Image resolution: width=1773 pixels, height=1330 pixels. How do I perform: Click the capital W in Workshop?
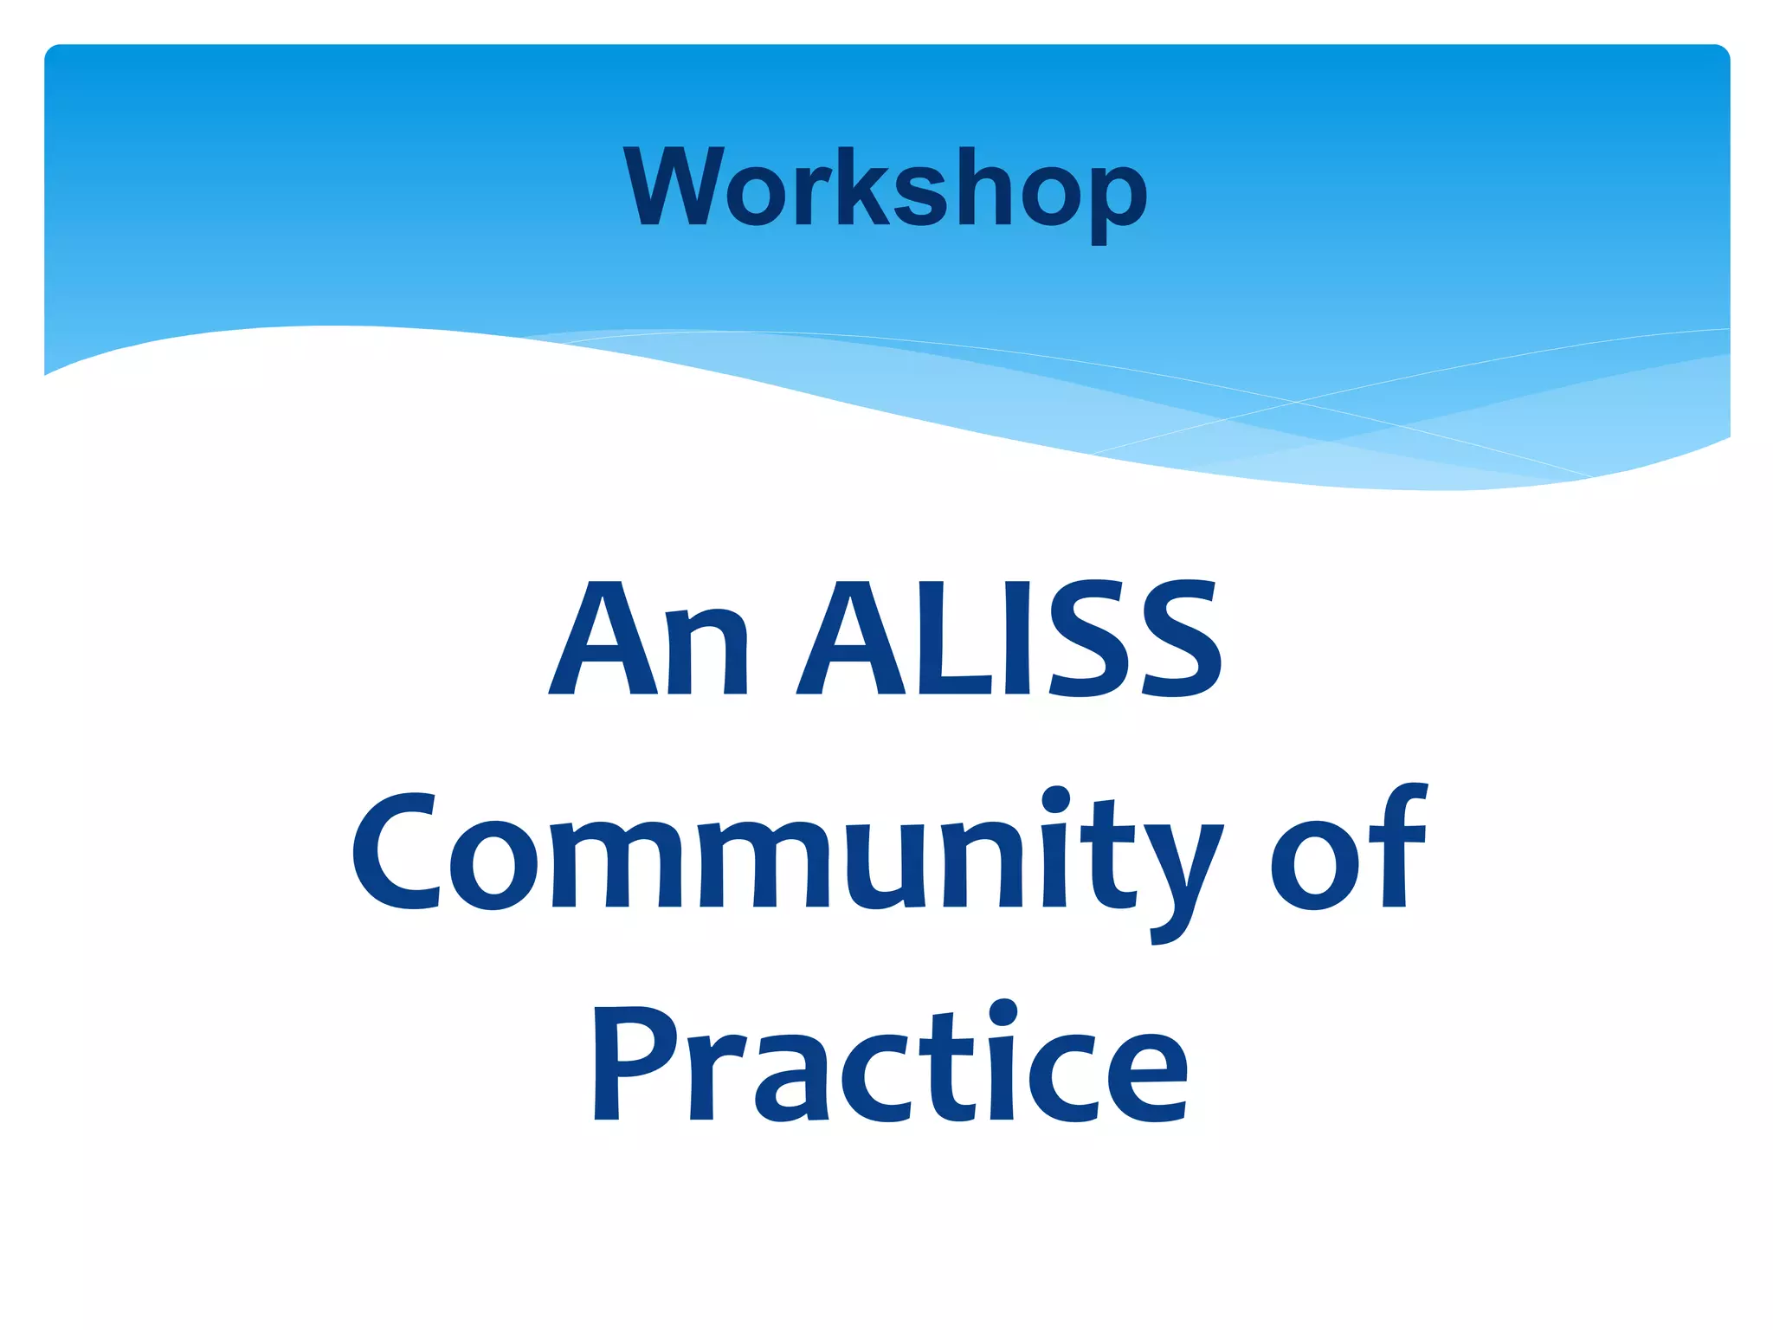[x=674, y=186]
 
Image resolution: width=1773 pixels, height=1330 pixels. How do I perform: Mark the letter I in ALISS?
[x=1017, y=638]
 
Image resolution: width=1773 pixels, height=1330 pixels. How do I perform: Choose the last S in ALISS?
[x=1181, y=638]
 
